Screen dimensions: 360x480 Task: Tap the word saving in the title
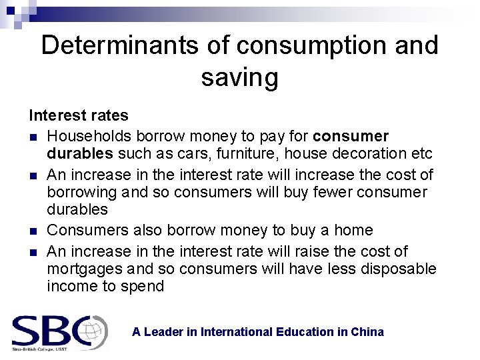tap(239, 78)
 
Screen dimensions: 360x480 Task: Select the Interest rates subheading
tap(79, 115)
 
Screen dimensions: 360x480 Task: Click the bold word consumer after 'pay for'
tap(351, 136)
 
